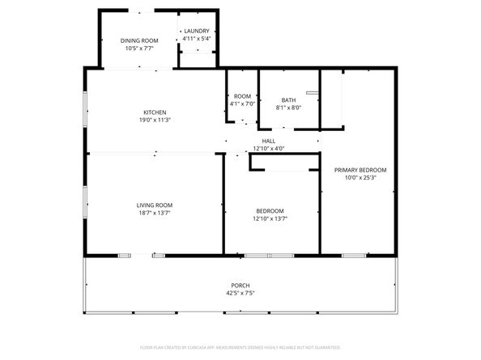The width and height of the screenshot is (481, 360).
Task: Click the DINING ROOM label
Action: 139,40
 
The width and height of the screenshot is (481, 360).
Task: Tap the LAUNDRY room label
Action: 196,31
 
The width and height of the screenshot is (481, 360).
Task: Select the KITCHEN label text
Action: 155,112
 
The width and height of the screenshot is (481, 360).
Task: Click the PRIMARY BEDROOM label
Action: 360,170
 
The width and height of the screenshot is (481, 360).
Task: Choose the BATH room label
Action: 288,100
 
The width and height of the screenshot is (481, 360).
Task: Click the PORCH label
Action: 240,286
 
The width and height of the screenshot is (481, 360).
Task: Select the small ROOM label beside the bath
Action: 242,96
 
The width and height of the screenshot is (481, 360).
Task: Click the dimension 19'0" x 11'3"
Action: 155,121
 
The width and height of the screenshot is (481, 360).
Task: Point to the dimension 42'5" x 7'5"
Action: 240,294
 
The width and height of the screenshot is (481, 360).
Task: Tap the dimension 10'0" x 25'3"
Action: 360,178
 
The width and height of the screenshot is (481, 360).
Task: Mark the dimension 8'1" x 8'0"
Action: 288,108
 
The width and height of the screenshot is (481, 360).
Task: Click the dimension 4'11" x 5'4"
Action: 196,38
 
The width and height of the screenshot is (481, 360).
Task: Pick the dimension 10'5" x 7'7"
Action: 139,48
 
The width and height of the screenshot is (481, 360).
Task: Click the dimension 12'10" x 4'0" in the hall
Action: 268,148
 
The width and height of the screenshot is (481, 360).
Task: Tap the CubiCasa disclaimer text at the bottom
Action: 240,346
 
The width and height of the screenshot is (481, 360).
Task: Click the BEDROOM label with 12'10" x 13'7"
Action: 270,210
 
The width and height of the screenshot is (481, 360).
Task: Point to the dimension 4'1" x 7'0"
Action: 242,104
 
